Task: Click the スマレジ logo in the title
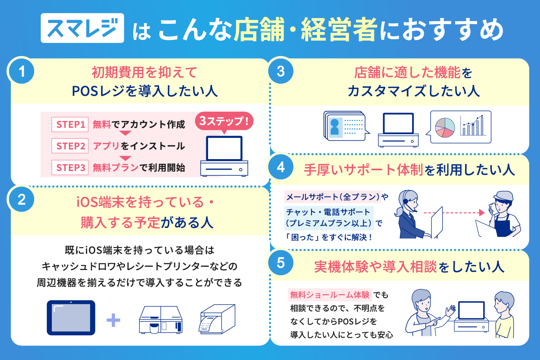(82, 28)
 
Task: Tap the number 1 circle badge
(22, 71)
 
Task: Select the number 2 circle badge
(22, 199)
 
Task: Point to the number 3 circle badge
(280, 71)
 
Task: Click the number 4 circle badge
(280, 167)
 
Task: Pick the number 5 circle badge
(280, 262)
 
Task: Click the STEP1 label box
(70, 125)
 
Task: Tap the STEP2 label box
(70, 146)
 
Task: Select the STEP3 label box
(70, 167)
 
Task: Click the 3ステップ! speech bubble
(224, 122)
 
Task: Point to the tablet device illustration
(71, 318)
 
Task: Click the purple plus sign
(113, 320)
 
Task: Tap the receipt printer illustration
(217, 319)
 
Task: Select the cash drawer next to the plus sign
(161, 320)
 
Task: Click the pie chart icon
(445, 127)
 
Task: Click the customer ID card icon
(345, 126)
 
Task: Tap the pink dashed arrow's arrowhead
(482, 212)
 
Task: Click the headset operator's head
(409, 200)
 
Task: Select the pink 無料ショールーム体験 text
(330, 294)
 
